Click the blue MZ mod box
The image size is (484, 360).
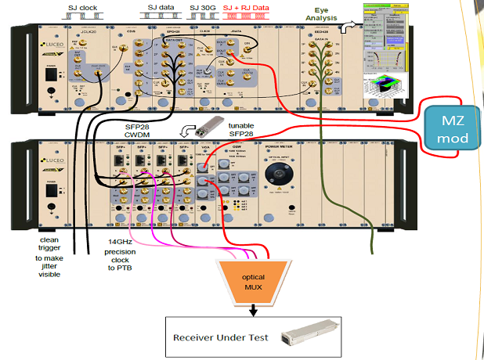(450, 128)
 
